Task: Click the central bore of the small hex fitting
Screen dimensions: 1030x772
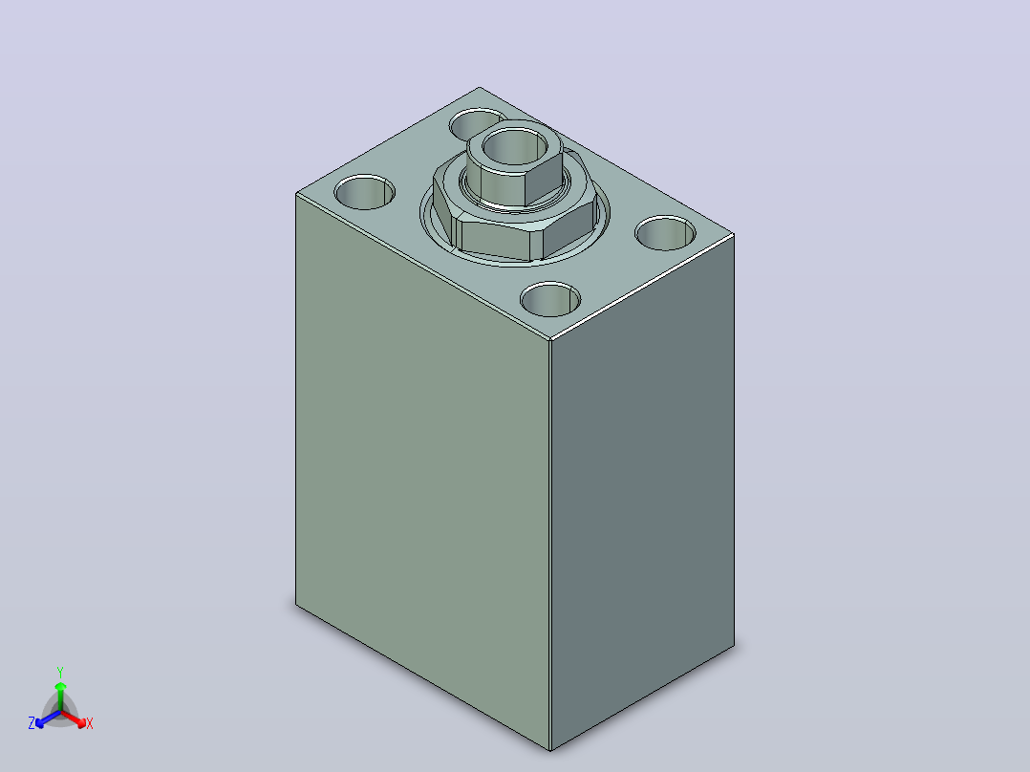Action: (515, 147)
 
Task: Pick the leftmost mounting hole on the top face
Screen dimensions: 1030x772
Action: (365, 192)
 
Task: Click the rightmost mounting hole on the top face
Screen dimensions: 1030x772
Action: (665, 233)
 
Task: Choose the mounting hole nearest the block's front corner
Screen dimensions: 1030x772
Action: (550, 300)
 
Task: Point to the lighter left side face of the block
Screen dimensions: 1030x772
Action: (422, 460)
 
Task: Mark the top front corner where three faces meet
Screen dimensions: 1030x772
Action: (550, 340)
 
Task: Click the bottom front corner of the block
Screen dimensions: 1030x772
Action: (550, 750)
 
